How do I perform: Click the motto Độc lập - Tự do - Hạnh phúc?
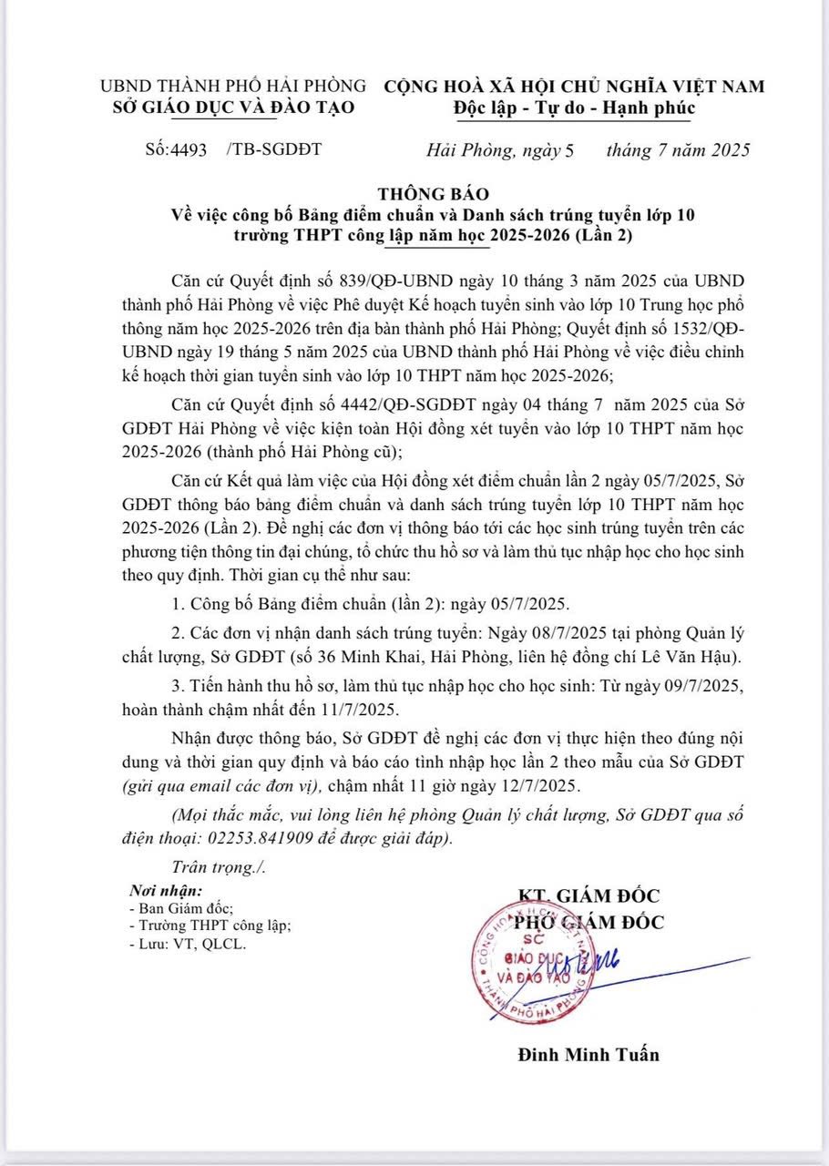tap(574, 108)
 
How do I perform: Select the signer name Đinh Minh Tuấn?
tap(588, 1054)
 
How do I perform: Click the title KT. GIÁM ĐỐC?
tap(588, 895)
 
